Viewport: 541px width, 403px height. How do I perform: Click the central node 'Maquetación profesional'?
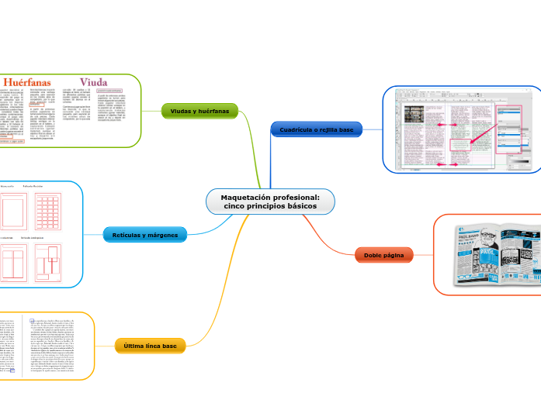pos(270,201)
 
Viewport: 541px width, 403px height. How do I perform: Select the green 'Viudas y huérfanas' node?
pos(199,111)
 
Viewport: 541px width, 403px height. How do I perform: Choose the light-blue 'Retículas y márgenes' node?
pos(144,235)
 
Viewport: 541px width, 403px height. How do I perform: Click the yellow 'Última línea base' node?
pos(150,346)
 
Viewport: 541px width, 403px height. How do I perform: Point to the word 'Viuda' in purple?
pos(93,81)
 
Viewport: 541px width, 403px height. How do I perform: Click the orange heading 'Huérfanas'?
pos(29,81)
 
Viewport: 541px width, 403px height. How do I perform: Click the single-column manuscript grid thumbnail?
pos(14,211)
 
